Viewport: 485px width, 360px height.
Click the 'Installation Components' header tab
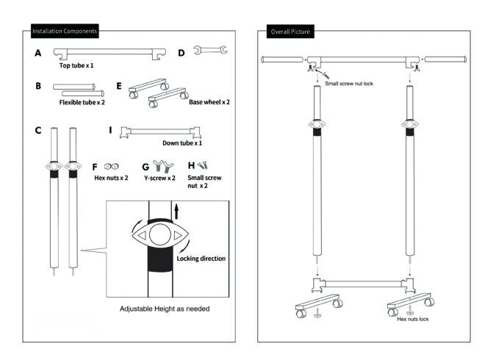coord(65,32)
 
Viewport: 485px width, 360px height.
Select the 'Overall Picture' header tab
coord(290,32)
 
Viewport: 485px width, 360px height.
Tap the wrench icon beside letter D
coord(211,51)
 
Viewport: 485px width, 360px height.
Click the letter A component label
coord(37,54)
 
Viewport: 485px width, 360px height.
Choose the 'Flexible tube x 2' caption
coord(85,102)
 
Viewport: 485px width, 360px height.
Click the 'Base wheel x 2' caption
coord(209,102)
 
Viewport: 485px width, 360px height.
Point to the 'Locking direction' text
coord(201,259)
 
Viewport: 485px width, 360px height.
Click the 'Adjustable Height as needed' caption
coord(165,309)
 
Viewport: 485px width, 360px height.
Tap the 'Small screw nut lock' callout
coord(349,84)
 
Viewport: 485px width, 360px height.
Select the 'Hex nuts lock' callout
coord(413,320)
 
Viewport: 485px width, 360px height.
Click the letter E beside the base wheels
coord(119,84)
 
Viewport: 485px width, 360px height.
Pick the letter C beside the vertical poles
coord(37,130)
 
